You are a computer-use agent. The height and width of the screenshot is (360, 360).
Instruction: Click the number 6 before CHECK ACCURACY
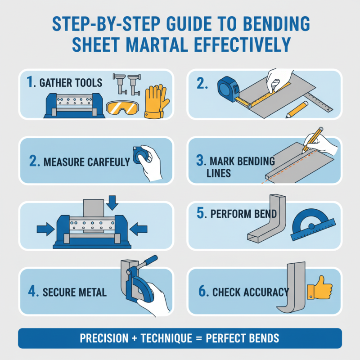coord(203,292)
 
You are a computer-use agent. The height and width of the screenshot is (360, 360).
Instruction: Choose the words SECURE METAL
coord(74,292)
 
